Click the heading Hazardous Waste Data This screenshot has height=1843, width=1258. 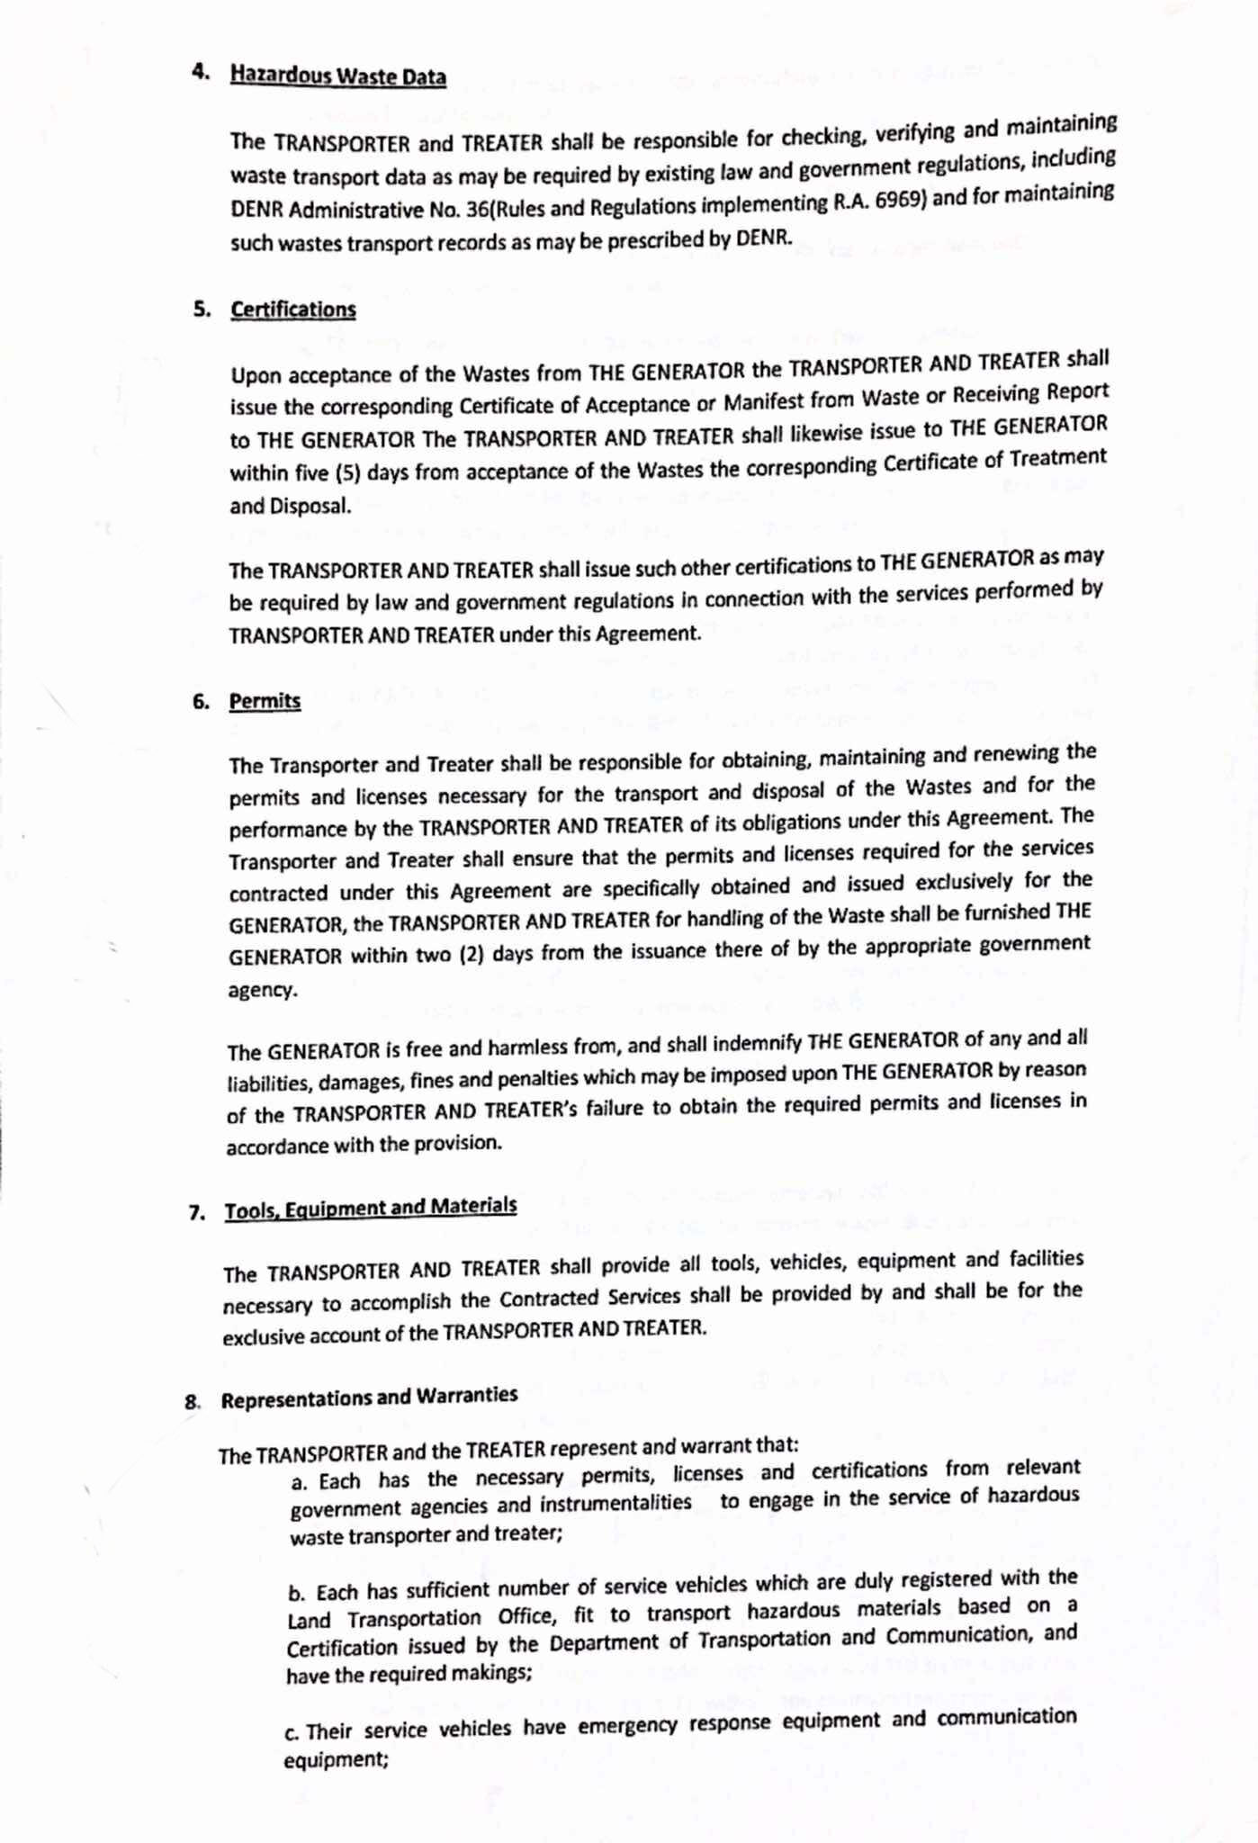point(337,76)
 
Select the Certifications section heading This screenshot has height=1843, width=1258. point(292,310)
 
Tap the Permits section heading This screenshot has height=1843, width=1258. point(265,701)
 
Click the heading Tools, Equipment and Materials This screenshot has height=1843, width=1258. point(370,1208)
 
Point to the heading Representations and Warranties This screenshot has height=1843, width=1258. point(369,1398)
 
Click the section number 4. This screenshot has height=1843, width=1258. point(200,73)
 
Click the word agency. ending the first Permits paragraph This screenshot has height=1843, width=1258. point(261,990)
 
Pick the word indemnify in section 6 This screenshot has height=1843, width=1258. point(759,1043)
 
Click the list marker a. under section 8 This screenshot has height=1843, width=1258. point(299,1482)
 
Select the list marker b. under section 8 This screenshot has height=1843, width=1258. point(296,1594)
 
